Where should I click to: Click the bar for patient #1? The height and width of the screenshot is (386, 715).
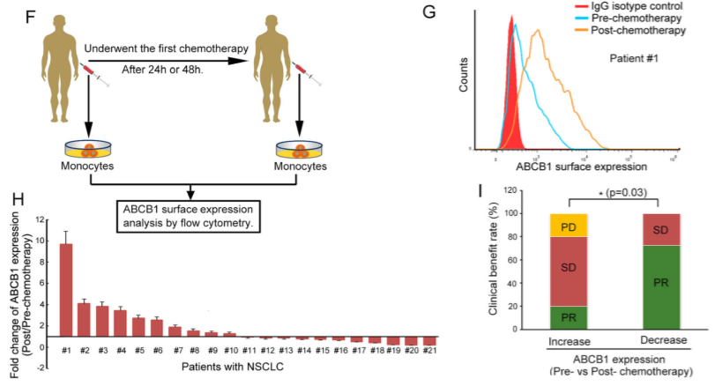click(65, 290)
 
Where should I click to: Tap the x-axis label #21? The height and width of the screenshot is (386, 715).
click(430, 350)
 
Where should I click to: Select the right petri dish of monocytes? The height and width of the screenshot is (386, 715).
click(300, 147)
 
